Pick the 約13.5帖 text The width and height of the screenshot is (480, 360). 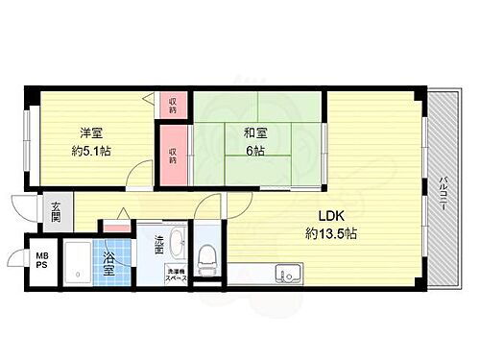tap(332, 233)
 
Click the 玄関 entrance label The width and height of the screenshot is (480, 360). tap(56, 210)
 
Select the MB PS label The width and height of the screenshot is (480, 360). tap(41, 260)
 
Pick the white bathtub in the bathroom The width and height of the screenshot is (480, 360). tap(78, 262)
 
